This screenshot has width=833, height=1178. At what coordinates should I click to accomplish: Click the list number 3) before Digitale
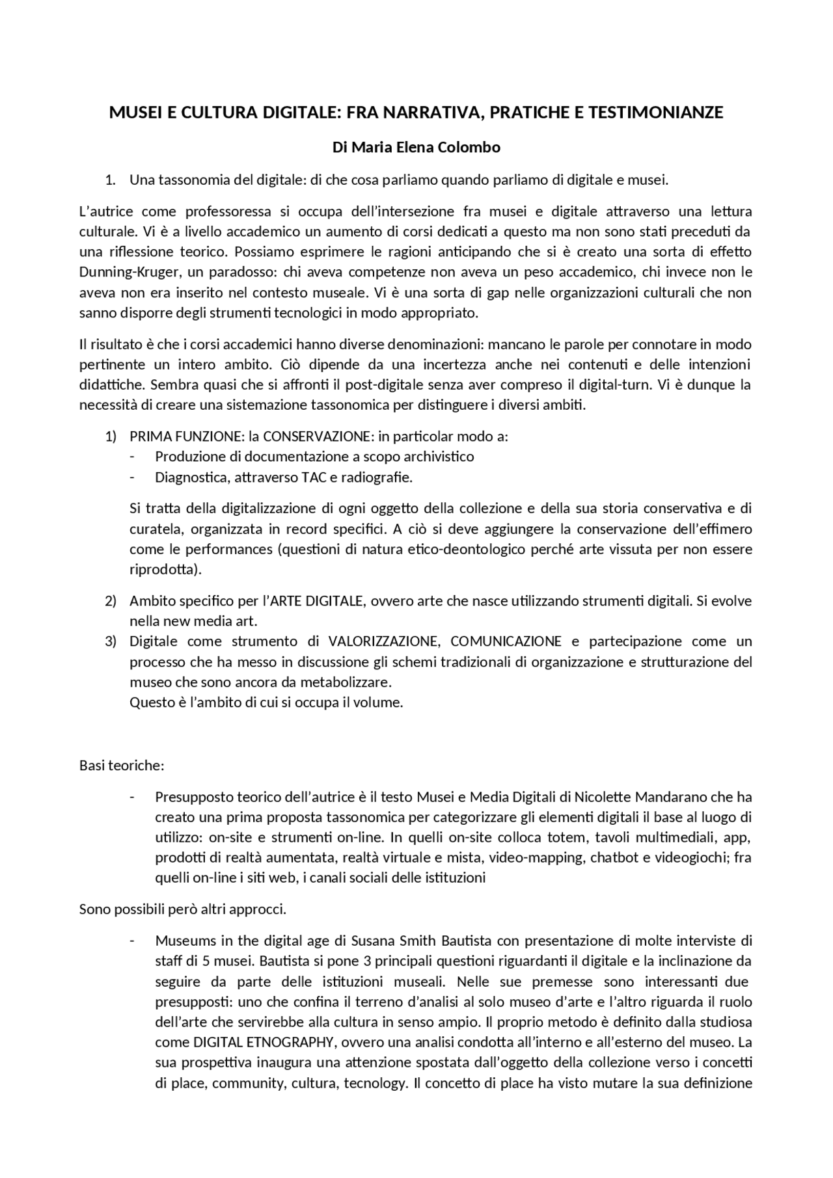click(x=111, y=641)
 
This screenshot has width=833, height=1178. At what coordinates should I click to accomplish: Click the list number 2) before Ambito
click(x=111, y=600)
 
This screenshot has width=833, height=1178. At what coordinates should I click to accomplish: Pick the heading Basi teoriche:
click(x=122, y=766)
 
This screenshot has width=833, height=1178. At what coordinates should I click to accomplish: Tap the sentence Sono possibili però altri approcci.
click(x=183, y=909)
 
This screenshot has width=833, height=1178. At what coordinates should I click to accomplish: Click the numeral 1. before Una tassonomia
click(x=111, y=180)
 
